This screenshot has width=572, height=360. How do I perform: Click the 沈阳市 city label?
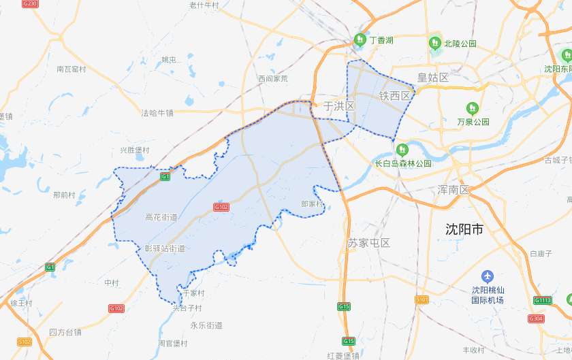point(464,229)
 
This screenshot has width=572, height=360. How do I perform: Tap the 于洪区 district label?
point(339,106)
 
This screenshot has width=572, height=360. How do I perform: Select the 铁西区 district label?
point(396,96)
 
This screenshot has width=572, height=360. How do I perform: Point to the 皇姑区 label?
point(433,78)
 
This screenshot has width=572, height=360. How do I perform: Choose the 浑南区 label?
point(454,190)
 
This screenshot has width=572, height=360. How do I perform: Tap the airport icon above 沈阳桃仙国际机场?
point(487,276)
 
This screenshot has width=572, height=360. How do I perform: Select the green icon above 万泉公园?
point(473,108)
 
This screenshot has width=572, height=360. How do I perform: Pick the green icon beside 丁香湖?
point(359,40)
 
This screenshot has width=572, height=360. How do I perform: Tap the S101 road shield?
point(422,299)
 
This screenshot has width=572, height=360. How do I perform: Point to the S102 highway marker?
point(25,341)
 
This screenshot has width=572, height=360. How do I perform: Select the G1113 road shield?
point(543,300)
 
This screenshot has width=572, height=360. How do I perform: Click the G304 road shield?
point(536,318)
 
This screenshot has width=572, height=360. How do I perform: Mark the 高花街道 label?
point(161,218)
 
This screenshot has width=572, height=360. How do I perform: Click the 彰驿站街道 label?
point(164,249)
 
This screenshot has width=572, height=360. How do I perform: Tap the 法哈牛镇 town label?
point(157,113)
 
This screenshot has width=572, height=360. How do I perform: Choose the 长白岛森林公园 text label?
point(404,163)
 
